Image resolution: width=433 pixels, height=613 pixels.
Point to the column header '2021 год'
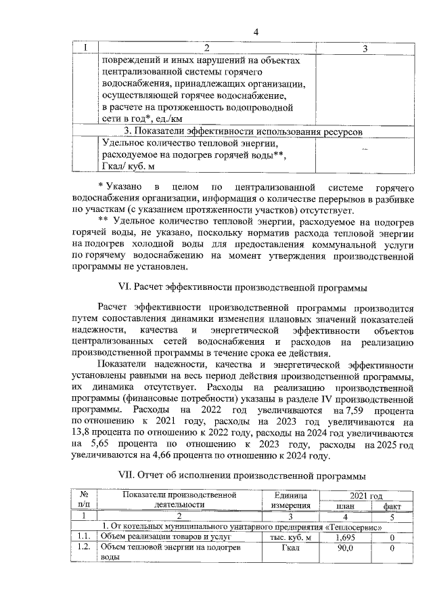(369, 495)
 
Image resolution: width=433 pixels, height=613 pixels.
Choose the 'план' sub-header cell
(346, 505)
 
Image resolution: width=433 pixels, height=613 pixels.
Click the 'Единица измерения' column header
(290, 500)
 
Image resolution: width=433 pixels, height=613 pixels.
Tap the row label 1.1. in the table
(84, 537)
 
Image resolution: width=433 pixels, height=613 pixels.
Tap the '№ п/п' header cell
(84, 500)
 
